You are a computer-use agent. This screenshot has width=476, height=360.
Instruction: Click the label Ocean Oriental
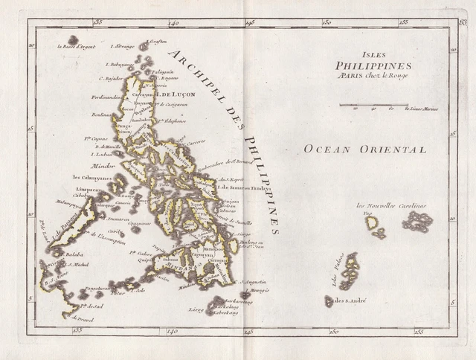click(364, 150)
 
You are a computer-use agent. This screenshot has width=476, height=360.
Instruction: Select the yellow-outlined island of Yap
click(370, 222)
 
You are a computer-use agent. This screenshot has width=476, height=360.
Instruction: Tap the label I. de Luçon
click(170, 94)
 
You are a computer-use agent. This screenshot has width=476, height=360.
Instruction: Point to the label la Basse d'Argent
click(75, 46)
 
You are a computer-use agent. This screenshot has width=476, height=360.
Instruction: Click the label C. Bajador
click(112, 77)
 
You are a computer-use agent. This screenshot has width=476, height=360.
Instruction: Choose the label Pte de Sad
click(91, 306)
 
